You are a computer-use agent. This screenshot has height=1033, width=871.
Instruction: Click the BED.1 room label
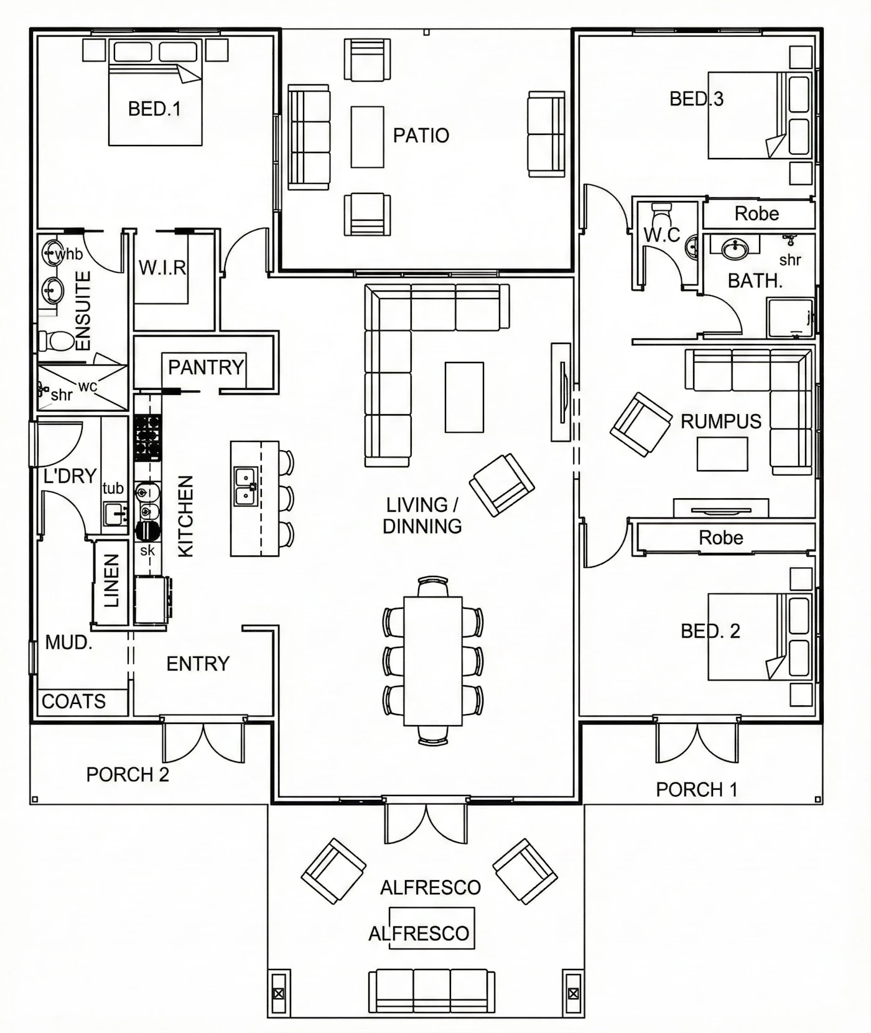(154, 109)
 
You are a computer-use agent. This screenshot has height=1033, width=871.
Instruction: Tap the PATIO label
(421, 136)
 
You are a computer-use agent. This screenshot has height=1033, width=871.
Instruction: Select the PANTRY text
(206, 367)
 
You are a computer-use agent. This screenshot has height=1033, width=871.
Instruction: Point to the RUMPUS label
(720, 422)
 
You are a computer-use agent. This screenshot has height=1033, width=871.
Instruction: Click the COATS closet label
(73, 702)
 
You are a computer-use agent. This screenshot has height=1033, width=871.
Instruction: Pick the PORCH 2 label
(128, 775)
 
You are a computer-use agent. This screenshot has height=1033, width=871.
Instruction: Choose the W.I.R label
(162, 268)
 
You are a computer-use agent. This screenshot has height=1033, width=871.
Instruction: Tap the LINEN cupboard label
(111, 581)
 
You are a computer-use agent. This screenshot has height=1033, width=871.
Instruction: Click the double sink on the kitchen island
(246, 486)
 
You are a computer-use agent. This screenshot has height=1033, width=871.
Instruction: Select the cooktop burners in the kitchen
(148, 438)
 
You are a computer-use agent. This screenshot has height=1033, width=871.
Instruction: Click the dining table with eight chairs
(433, 661)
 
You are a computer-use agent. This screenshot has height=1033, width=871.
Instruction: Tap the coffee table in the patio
(367, 137)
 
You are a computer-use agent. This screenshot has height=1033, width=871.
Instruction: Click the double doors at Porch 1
(697, 740)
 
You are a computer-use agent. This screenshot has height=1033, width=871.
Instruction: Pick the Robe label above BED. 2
(721, 537)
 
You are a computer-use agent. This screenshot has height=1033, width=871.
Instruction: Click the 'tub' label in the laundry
(113, 488)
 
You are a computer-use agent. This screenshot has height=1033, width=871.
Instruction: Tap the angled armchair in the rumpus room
(641, 425)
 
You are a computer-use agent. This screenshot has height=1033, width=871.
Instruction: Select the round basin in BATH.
(735, 249)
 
